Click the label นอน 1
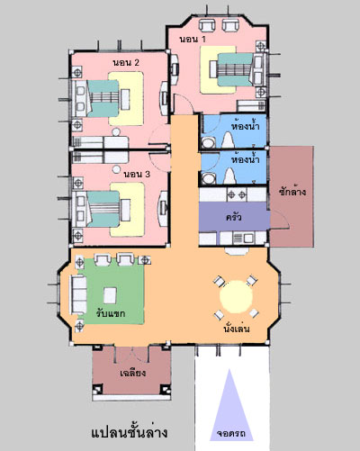click(193, 39)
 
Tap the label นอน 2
click(126, 63)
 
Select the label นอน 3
click(137, 174)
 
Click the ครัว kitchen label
click(234, 217)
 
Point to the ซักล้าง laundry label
click(292, 191)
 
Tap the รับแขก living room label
click(111, 313)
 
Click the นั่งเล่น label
click(237, 329)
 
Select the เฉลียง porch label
click(132, 373)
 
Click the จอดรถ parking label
click(231, 434)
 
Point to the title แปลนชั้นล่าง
click(130, 433)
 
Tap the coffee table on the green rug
click(110, 295)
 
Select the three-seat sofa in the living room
click(78, 294)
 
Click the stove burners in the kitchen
click(237, 195)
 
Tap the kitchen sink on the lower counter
click(244, 239)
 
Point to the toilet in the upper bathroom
click(228, 140)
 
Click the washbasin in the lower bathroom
click(208, 178)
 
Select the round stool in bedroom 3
click(116, 169)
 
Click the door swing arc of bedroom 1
click(188, 101)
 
